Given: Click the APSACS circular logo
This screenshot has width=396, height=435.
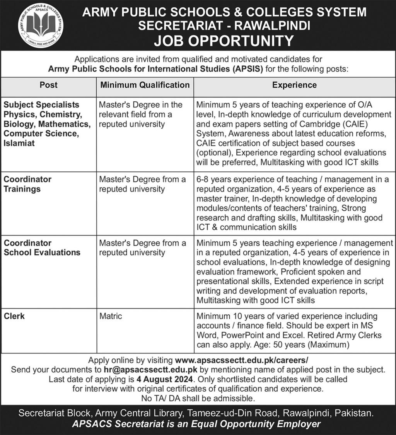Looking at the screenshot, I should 41,25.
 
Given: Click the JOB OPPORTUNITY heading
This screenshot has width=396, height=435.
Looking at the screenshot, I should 224,41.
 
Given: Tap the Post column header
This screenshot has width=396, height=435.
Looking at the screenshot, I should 48,85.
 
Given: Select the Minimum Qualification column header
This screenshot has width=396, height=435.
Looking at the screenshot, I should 145,85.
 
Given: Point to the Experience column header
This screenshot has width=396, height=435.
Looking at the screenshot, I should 294,85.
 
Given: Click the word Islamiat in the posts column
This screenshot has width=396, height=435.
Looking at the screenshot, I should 19,143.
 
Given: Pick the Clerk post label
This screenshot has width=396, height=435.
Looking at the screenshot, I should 14,316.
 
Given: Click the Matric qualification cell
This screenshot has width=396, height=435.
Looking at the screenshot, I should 111,316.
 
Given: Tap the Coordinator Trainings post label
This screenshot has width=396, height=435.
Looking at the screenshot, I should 27,184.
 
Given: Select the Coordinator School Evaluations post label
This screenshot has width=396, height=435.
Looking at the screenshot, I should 42,248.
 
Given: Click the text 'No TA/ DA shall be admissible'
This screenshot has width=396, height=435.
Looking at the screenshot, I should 198,398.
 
